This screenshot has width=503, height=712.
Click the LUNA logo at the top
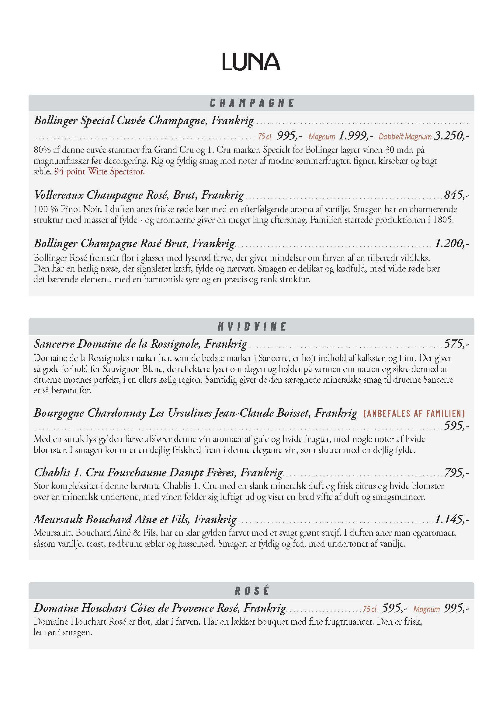(251, 62)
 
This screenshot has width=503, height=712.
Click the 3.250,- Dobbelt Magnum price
(452, 136)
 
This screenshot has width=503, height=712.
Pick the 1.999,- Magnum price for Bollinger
(356, 136)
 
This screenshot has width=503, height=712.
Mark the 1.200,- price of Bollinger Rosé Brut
(452, 244)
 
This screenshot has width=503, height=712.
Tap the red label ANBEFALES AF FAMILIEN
(414, 413)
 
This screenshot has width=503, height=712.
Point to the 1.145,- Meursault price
(452, 519)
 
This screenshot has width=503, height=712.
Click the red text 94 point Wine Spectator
(99, 171)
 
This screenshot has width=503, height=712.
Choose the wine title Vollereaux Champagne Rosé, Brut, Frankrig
(139, 195)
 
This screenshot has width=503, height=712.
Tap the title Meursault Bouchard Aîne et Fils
(135, 519)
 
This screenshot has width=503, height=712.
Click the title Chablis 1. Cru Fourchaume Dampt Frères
(158, 473)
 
